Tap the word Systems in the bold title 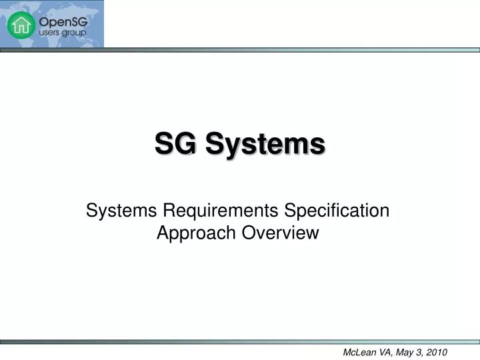click(x=265, y=144)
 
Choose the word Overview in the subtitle click(x=281, y=233)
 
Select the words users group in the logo click(x=61, y=32)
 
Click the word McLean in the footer click(x=358, y=352)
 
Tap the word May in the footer click(x=401, y=352)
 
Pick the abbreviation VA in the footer click(x=383, y=352)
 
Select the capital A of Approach click(x=162, y=233)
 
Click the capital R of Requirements click(x=169, y=211)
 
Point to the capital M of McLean click(x=347, y=352)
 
